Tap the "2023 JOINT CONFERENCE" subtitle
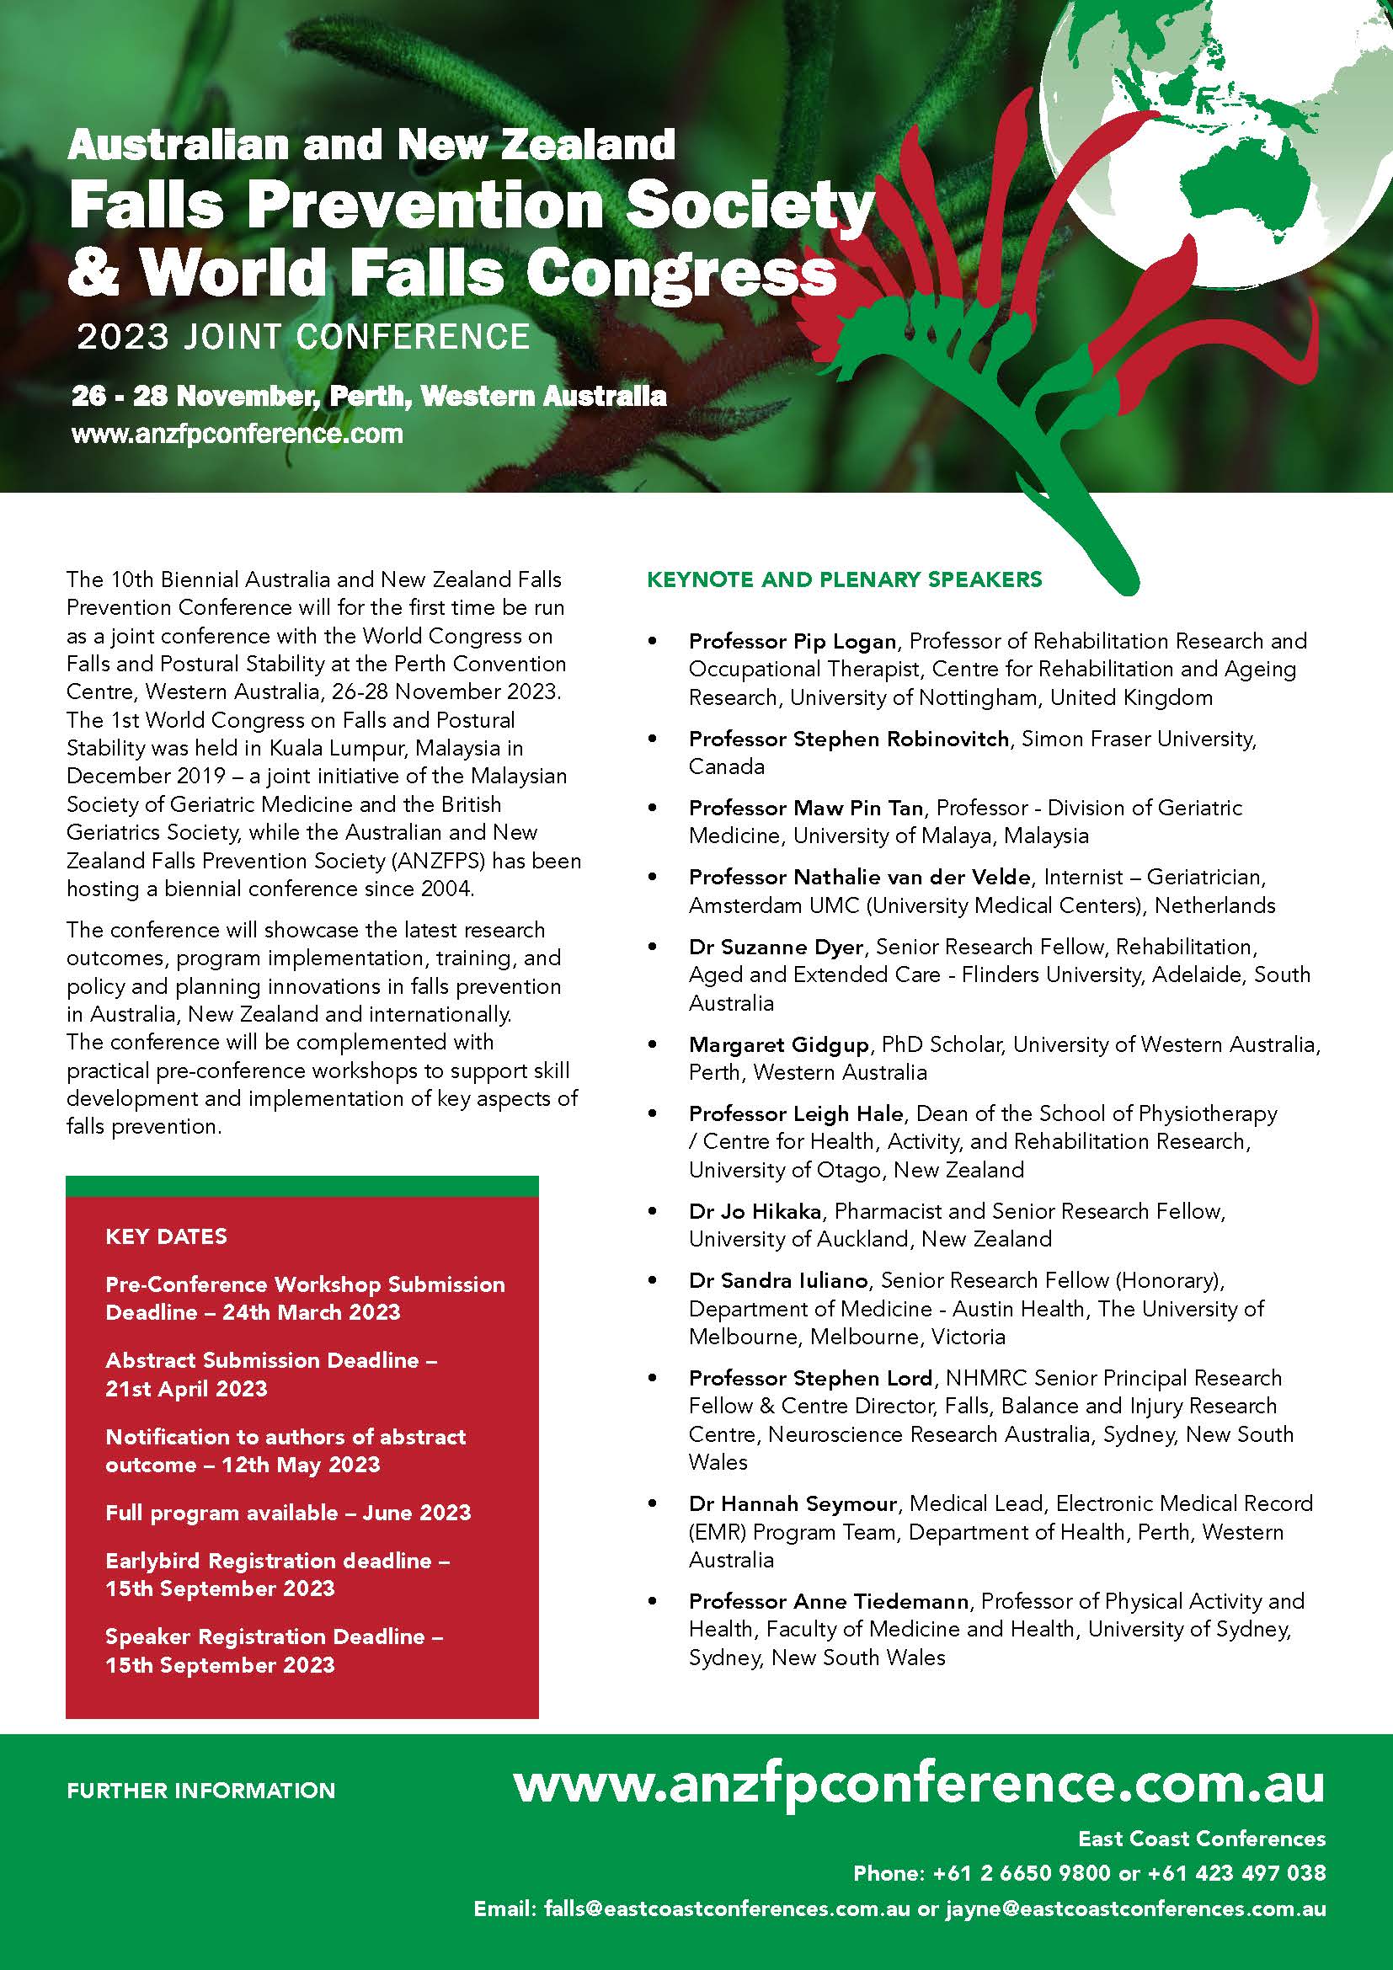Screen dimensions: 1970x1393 coord(304,337)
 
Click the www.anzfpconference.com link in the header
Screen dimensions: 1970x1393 coord(238,434)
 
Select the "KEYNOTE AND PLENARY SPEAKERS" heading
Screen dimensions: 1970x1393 coord(844,580)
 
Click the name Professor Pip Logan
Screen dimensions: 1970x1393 coord(792,642)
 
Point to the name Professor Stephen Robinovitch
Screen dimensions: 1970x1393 coord(848,739)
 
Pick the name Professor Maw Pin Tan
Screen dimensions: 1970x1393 coord(805,809)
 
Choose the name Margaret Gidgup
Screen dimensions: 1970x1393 coord(779,1045)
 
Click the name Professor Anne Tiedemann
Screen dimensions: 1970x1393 coord(829,1601)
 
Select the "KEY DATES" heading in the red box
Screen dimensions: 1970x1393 coord(167,1236)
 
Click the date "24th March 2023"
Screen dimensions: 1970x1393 coord(312,1313)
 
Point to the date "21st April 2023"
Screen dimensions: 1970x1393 coord(186,1388)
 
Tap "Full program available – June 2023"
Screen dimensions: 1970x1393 coord(288,1513)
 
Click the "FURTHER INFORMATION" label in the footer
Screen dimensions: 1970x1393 coord(200,1791)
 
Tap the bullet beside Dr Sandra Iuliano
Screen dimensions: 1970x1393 coord(654,1282)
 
